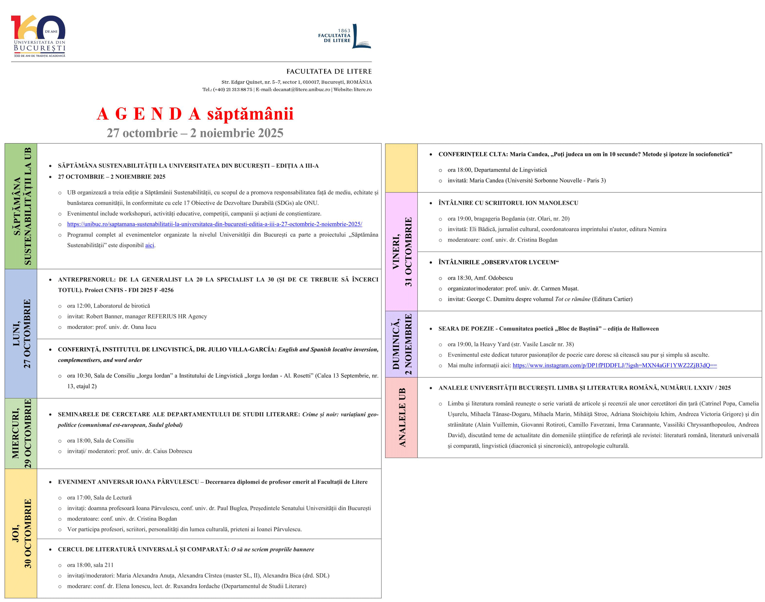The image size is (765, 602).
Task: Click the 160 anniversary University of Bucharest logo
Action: tap(38, 36)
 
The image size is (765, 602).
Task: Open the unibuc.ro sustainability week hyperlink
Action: tap(214, 224)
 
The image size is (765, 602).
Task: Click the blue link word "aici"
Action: tap(149, 245)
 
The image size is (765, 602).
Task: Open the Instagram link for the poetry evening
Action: tap(614, 365)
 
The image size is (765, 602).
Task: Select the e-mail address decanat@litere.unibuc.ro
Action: tap(301, 89)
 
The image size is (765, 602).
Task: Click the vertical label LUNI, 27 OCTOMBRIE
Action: tap(21, 334)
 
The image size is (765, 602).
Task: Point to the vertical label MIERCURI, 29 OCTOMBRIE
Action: tap(21, 433)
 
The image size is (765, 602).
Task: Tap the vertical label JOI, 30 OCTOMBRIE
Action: tap(21, 533)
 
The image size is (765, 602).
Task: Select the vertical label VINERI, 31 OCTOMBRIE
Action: tap(401, 252)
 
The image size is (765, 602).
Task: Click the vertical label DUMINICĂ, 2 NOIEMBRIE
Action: tap(401, 344)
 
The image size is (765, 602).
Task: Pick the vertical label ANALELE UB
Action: tap(401, 418)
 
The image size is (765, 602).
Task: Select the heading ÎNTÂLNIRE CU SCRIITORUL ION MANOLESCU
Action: tap(508, 203)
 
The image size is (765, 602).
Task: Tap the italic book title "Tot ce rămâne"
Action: tap(572, 299)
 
